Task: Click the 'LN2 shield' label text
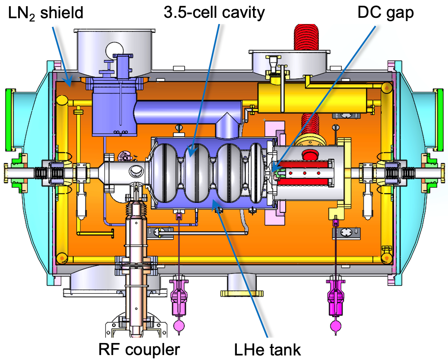(x=46, y=13)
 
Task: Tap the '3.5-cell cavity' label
(x=214, y=12)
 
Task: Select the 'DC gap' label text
(x=385, y=13)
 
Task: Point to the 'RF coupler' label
(x=139, y=349)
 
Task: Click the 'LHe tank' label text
(x=267, y=349)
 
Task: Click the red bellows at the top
(x=306, y=37)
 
